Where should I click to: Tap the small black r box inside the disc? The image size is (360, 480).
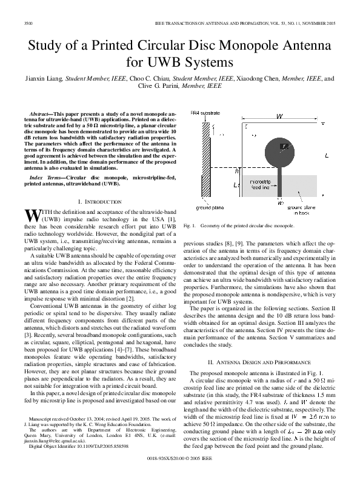284,147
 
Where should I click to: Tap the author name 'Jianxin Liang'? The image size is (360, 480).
45,78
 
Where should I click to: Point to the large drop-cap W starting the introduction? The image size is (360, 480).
32,214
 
